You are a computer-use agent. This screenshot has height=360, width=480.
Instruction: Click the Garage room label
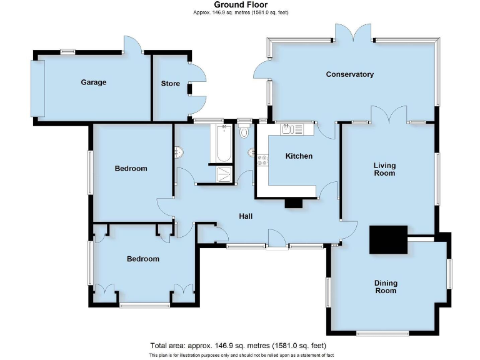click(x=93, y=82)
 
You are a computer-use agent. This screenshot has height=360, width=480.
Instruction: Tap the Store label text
click(x=170, y=83)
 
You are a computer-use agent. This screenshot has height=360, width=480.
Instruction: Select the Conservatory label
click(x=350, y=74)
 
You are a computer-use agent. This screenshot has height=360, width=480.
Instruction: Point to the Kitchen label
click(x=299, y=156)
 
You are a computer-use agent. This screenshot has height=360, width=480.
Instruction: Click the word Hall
click(x=246, y=216)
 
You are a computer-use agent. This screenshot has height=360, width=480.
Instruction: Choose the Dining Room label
click(x=386, y=287)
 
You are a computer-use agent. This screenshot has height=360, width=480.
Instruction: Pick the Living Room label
click(x=384, y=169)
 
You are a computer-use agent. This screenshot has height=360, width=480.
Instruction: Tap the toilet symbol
click(x=244, y=131)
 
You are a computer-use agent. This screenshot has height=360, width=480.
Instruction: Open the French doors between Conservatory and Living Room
click(x=388, y=115)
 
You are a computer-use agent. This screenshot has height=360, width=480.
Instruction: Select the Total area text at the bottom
click(x=238, y=346)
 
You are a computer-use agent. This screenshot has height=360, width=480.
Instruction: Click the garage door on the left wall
click(x=39, y=88)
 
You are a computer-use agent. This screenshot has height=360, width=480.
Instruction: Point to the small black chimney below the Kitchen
click(x=294, y=203)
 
